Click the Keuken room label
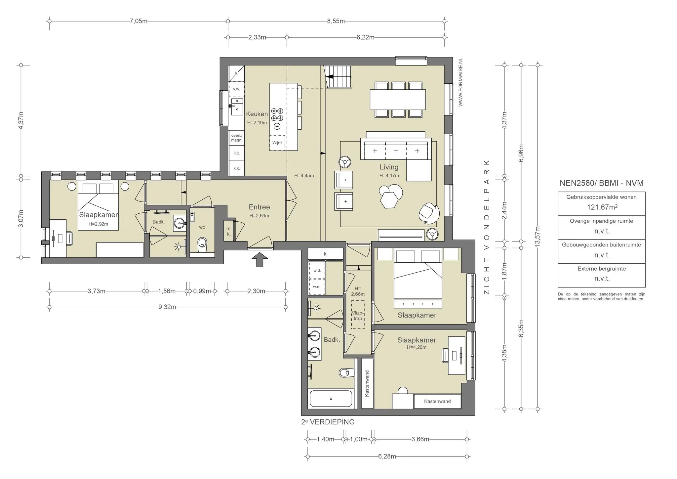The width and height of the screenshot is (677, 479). pos(257,114)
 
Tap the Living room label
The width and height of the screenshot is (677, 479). pos(389,167)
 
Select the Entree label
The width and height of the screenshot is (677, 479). pos(259,207)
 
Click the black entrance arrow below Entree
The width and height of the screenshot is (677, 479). pos(260,260)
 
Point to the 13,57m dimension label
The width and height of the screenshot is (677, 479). pos(538,237)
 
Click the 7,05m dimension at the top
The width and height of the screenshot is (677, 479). pos(139,21)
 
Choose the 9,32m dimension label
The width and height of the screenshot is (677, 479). pos(167,307)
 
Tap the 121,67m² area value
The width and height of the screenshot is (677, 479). pos(602,207)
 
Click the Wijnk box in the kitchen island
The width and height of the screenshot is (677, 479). pos(277,143)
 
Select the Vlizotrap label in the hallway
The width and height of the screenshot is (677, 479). pos(358,316)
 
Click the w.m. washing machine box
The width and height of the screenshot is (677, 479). pos(317,286)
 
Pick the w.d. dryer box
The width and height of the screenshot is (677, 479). pos(317,270)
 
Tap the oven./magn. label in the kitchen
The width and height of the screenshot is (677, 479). pos(237,138)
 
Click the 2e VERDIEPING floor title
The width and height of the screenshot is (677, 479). pos(328,422)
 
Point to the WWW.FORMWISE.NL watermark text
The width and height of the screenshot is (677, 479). pos(460,82)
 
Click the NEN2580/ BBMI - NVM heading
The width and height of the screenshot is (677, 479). pos(602,183)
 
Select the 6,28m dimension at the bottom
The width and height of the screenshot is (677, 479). pos(387,457)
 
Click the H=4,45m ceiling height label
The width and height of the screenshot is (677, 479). pos(304,176)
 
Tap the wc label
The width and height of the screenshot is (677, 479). pos(202,227)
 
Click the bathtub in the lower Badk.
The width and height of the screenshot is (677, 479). pos(331,399)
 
